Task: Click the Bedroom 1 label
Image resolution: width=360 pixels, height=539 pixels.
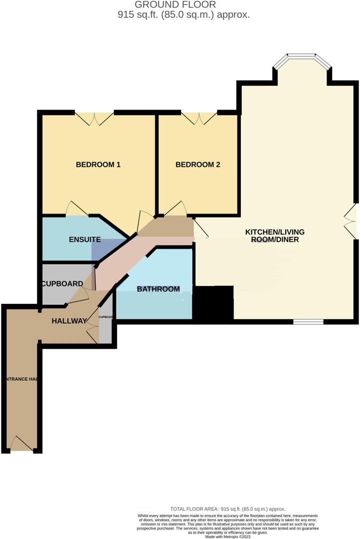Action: coord(98,165)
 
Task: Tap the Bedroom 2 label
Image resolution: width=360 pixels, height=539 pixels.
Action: coord(198,165)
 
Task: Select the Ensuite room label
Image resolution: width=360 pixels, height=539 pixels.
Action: coord(85,240)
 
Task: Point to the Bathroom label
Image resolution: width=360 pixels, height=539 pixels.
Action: coord(158,289)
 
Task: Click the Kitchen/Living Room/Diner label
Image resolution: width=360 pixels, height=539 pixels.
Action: coord(275,236)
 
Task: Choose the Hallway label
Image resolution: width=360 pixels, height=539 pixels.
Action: coord(69,321)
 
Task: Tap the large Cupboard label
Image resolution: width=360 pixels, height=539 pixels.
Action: coord(62,283)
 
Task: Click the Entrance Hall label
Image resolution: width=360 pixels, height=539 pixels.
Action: coord(20,379)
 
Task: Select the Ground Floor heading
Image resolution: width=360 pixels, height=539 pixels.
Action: coord(182,5)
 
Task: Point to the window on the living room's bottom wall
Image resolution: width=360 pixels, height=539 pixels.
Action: coord(308,322)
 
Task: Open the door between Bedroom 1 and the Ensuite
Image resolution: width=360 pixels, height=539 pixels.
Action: coord(77,209)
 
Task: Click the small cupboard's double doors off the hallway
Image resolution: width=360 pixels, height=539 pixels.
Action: coord(93,331)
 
